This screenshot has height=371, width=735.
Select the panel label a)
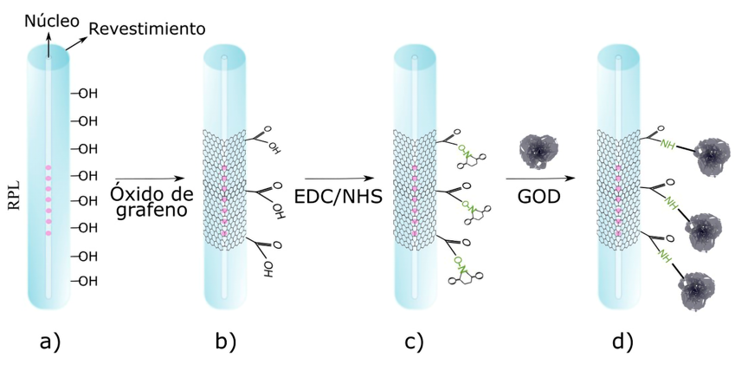pos(50,342)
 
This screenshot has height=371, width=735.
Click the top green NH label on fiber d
pos(667,145)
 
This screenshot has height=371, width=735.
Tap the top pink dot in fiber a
pos(49,167)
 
